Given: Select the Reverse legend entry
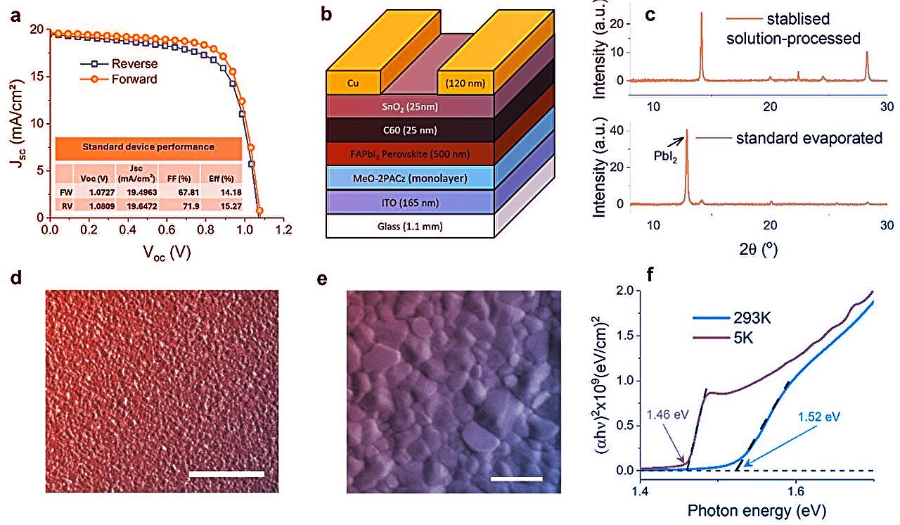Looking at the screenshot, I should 134,63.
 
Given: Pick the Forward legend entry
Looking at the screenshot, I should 134,79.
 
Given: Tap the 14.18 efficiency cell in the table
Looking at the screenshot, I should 217,189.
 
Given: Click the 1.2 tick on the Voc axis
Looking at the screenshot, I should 283,230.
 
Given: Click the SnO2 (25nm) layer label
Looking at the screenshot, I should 399,106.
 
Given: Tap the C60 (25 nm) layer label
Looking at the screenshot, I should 399,130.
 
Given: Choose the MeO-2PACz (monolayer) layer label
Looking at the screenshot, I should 399,177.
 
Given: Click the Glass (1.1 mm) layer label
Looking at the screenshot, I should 399,226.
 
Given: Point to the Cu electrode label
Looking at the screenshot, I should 354,82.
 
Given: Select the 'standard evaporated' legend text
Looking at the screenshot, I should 809,139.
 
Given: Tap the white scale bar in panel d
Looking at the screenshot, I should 226,474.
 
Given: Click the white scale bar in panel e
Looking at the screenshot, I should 517,479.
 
